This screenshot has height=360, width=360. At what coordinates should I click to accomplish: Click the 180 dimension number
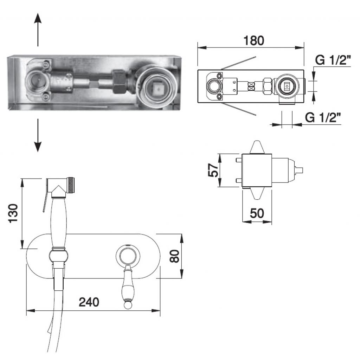click(254, 41)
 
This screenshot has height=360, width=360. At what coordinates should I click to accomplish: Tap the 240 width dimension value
click(89, 302)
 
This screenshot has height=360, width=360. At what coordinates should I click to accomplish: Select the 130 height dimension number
click(13, 213)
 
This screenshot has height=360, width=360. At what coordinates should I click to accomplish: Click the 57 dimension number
click(213, 170)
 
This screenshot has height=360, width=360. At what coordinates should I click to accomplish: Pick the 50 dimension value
click(257, 213)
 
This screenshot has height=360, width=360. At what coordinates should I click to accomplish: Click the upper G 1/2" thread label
click(333, 60)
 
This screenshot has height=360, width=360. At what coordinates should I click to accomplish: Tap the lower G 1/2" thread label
click(323, 117)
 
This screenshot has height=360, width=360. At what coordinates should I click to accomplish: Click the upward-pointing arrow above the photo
click(38, 30)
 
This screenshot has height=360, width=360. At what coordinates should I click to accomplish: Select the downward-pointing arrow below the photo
click(38, 135)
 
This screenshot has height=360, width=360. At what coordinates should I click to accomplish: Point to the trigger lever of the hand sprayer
click(45, 200)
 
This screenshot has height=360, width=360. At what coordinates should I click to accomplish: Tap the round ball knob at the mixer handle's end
click(127, 306)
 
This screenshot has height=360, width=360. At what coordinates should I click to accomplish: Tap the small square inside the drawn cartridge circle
click(287, 86)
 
